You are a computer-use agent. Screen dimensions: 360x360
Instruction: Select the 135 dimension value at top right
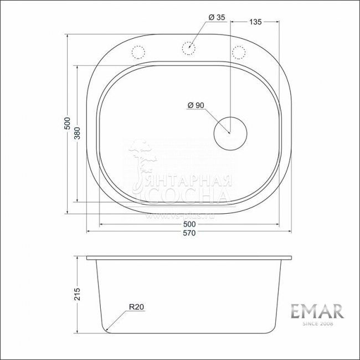[x=255, y=22]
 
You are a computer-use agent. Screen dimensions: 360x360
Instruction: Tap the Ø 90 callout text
[x=196, y=105]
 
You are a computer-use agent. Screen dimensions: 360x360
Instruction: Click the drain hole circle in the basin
[x=229, y=133]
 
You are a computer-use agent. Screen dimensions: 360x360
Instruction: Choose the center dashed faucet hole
[x=189, y=49]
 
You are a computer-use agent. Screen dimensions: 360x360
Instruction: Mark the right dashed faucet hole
[x=239, y=52]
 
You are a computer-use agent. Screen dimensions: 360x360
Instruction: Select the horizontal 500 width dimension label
[x=189, y=224]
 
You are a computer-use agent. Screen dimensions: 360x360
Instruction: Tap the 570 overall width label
[x=189, y=233]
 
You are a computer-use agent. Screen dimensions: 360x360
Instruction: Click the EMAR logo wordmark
[x=317, y=311]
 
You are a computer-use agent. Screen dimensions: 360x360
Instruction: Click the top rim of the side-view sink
[x=189, y=258]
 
